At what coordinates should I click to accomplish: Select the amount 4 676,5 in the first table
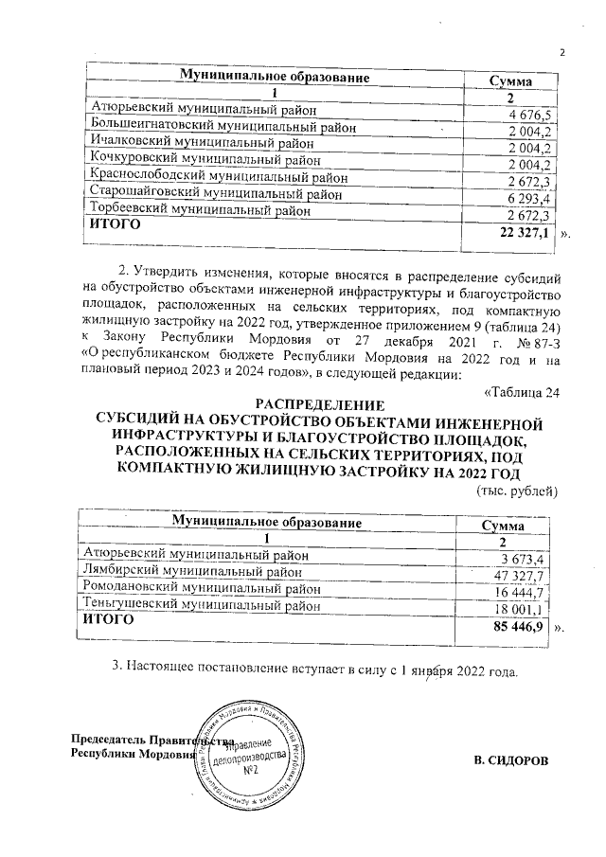click(530, 115)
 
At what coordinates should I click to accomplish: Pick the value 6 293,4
click(530, 199)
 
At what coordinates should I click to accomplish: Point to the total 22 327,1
click(524, 233)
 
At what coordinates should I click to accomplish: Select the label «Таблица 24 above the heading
click(523, 392)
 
